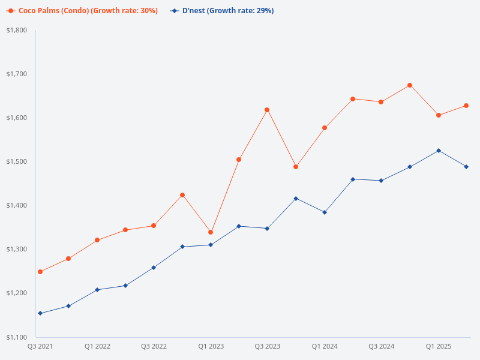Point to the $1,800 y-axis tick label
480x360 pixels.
coord(17,30)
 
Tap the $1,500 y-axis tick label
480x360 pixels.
coord(17,161)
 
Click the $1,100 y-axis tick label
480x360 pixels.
coord(17,337)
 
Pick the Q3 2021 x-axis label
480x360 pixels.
coord(40,347)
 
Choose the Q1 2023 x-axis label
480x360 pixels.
coord(211,347)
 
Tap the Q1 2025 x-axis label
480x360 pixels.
coord(439,347)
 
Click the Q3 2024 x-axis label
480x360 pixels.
coord(382,347)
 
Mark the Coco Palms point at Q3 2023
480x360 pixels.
coord(267,110)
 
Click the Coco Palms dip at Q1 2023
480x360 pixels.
coord(211,232)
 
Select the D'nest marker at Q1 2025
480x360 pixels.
coord(439,151)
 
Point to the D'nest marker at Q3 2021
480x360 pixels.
coord(40,313)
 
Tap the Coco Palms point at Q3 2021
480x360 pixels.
coord(40,272)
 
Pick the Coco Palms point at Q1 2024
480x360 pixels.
coord(325,128)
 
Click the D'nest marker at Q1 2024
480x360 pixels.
coord(325,212)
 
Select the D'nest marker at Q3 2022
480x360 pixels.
coord(154,268)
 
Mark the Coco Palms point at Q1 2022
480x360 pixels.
coord(97,240)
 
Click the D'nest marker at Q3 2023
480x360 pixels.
coord(267,229)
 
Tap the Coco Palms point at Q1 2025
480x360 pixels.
coord(439,115)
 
